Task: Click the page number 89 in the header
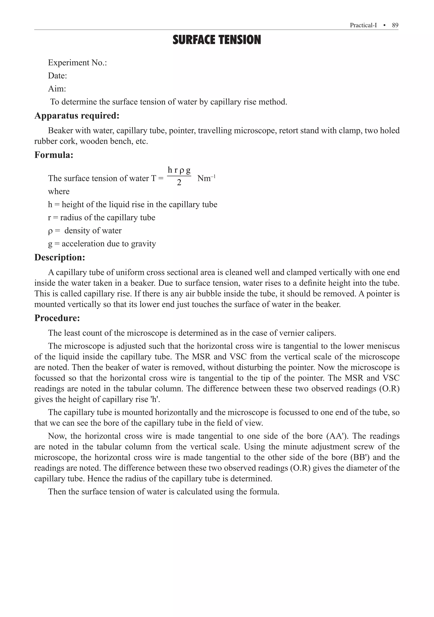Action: click(x=395, y=25)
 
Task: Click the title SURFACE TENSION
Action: click(x=217, y=40)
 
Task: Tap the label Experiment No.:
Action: click(x=77, y=63)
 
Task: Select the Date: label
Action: click(x=57, y=76)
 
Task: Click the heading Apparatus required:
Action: click(x=77, y=116)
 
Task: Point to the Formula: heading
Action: click(x=54, y=155)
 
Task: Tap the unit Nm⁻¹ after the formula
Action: click(x=206, y=179)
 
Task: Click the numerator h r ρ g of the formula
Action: click(x=179, y=170)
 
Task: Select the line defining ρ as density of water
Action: click(x=85, y=230)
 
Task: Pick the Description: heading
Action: click(x=60, y=257)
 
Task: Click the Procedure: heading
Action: click(x=57, y=318)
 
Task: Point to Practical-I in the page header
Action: click(x=363, y=25)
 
